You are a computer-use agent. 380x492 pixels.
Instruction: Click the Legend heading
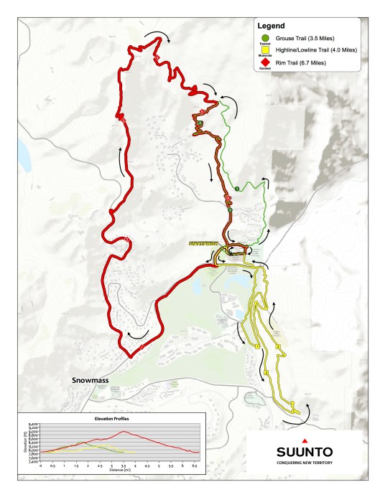tap(272, 25)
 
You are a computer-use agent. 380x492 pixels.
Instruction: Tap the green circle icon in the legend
tap(264, 37)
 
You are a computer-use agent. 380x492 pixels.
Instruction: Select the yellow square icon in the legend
tap(264, 50)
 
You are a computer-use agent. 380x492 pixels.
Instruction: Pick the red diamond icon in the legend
tap(264, 62)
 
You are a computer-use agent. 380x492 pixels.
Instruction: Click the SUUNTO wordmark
tap(305, 452)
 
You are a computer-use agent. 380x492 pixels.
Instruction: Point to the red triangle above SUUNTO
tap(305, 439)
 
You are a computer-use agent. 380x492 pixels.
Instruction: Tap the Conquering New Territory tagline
tap(305, 463)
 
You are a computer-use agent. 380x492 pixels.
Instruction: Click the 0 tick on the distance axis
tap(40, 465)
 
